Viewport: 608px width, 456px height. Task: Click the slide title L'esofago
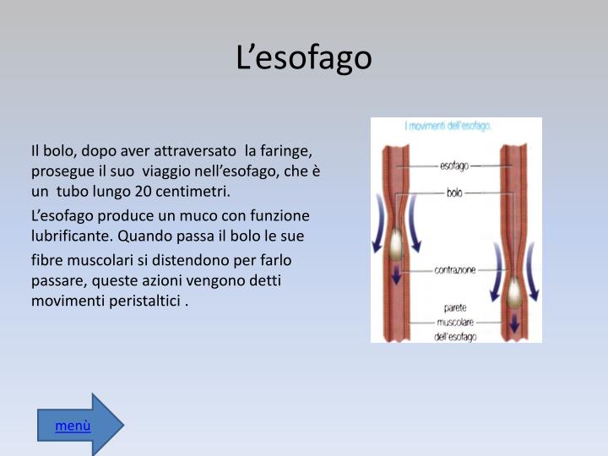click(x=303, y=57)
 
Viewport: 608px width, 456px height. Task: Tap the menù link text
click(x=73, y=426)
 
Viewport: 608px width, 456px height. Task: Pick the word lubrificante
click(x=70, y=236)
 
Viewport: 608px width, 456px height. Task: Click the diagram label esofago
click(x=456, y=166)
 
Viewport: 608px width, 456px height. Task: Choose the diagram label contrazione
click(x=455, y=270)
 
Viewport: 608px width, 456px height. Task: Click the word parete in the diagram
click(x=456, y=307)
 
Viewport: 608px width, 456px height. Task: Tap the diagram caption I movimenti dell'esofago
click(x=448, y=126)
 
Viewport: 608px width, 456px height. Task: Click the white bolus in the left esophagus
click(x=395, y=245)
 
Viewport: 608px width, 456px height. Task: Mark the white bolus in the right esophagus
click(x=513, y=293)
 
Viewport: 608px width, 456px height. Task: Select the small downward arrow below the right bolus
click(x=514, y=323)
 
